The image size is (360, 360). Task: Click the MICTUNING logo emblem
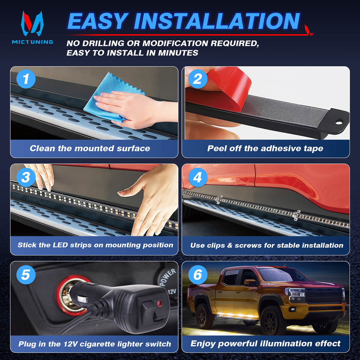[32, 23]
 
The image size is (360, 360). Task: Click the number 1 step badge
[26, 79]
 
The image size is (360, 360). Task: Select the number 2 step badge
[198, 79]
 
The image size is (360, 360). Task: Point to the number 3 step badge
[26, 177]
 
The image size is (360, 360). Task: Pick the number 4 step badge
[198, 177]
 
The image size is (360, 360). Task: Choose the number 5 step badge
[26, 275]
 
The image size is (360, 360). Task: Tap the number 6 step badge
[198, 275]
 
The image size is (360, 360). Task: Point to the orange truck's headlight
[296, 294]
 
